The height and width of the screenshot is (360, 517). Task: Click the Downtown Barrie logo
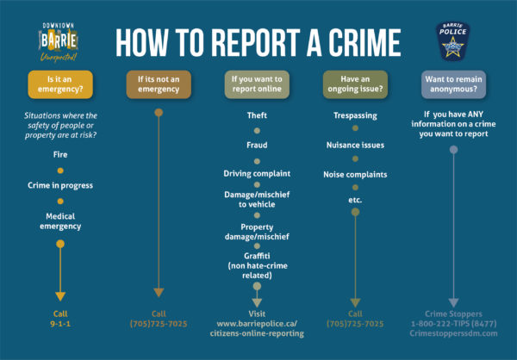[x=59, y=42]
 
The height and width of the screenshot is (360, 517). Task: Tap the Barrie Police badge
[x=452, y=41]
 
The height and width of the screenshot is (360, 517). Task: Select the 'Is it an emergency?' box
[x=60, y=84]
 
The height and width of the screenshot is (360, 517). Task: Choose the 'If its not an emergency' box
[x=159, y=84]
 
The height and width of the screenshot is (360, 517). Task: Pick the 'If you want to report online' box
[x=257, y=84]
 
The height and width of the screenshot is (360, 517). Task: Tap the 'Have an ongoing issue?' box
[x=355, y=84]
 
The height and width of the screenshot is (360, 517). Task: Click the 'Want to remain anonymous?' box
[x=453, y=84]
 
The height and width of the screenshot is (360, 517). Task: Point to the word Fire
[x=60, y=155]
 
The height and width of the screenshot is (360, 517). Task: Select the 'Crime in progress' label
[x=60, y=185]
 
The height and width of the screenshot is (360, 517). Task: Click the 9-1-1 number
[x=60, y=324]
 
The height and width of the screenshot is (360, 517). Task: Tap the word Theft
[x=257, y=115]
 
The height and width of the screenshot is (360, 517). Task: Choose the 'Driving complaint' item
[x=257, y=174]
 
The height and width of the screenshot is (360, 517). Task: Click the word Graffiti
[x=257, y=256]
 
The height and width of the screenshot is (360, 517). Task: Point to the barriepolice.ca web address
[x=257, y=329]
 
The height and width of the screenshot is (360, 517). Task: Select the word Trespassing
[x=355, y=115]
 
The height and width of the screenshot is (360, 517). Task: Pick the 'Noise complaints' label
[x=355, y=174]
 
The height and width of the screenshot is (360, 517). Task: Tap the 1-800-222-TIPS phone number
[x=453, y=324]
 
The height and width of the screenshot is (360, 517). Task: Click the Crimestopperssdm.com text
[x=453, y=333]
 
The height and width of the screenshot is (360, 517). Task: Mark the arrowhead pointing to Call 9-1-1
[x=60, y=296]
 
